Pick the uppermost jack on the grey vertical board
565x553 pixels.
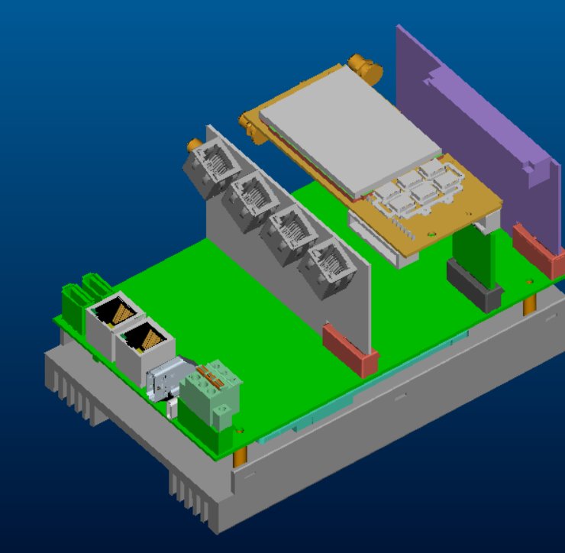[213, 168]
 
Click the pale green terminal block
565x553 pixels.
[210, 393]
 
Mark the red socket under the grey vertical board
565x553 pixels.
[350, 350]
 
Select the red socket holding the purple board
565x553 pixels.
[539, 248]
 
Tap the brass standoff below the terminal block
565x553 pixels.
[240, 458]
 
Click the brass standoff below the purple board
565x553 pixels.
[529, 305]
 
